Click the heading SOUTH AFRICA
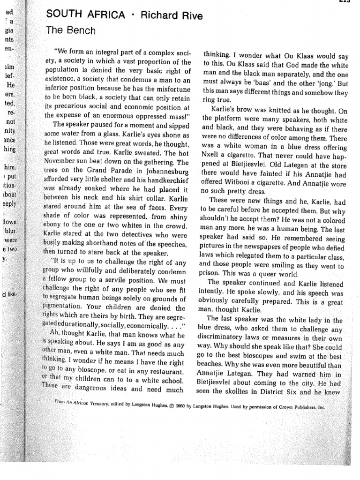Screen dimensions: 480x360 pos(85,15)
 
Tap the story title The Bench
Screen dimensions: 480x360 pos(70,31)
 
